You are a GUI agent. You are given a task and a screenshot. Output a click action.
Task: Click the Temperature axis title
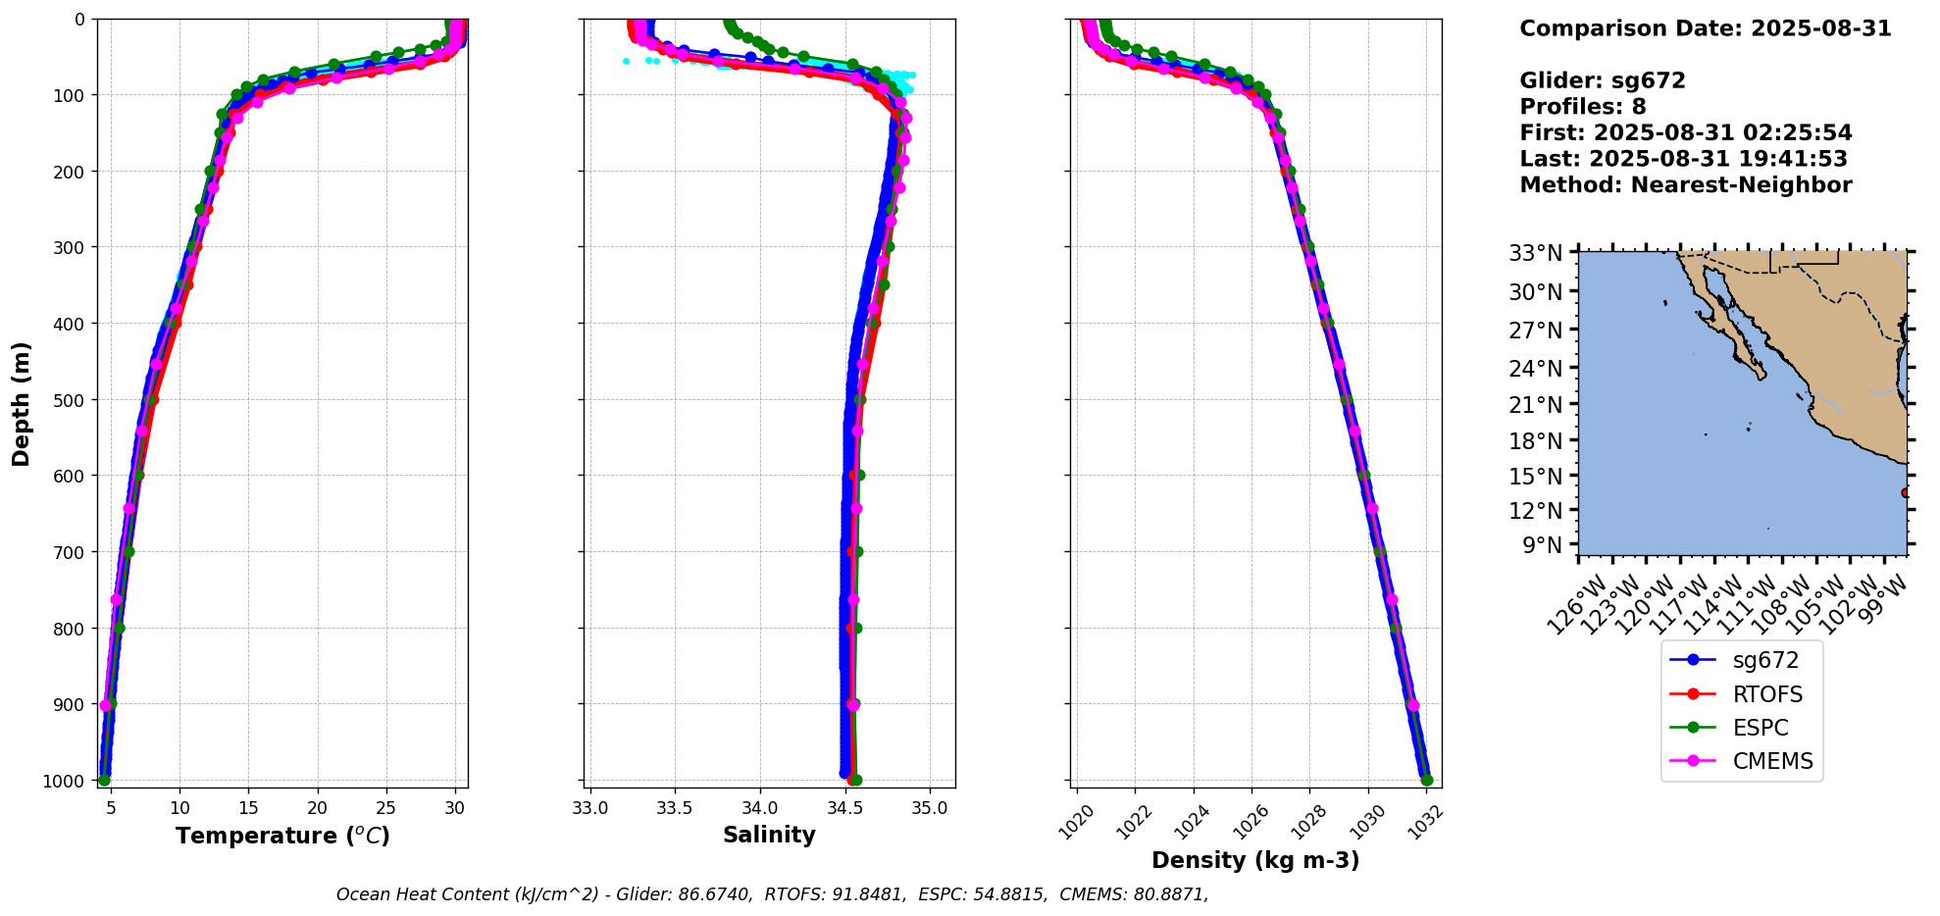click(x=282, y=836)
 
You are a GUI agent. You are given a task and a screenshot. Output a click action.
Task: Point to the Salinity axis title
click(x=769, y=835)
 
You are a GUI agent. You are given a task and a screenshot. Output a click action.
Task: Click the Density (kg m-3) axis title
click(x=1255, y=860)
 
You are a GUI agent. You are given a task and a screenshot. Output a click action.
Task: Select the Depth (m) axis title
click(x=22, y=403)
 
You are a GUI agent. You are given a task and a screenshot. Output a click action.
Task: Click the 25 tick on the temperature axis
click(x=386, y=808)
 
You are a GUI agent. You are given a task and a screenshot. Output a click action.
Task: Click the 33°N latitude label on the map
click(x=1535, y=253)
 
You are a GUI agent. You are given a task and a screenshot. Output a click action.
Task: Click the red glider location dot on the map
click(x=1905, y=492)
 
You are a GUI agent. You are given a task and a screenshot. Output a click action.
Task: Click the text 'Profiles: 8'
click(x=1582, y=107)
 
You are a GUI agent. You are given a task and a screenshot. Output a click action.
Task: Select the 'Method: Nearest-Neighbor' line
click(x=1685, y=184)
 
